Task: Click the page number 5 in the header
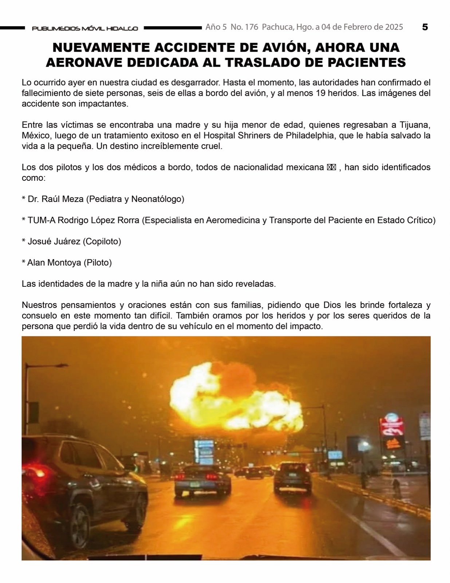425,27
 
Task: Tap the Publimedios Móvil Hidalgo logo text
85,28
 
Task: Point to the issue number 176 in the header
252,27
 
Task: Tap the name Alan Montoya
54,262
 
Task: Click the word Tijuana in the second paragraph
414,125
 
